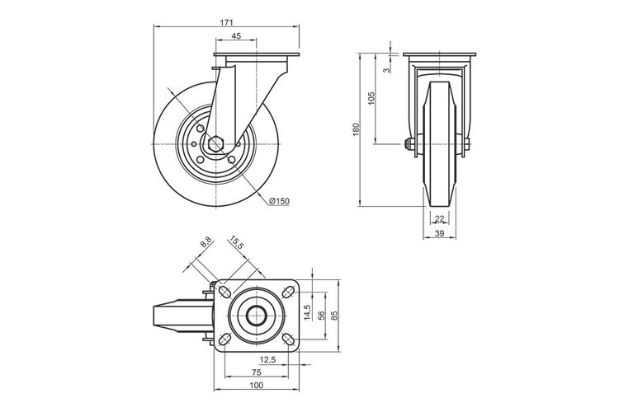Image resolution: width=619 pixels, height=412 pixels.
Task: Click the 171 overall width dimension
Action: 226,22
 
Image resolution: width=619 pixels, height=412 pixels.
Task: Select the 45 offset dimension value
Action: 236,36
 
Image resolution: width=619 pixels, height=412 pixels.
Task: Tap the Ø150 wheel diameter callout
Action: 279,201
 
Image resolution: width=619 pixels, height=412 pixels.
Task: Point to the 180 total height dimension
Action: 356,129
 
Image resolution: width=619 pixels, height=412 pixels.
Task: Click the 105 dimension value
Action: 371,98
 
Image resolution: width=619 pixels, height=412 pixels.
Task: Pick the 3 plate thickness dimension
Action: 387,70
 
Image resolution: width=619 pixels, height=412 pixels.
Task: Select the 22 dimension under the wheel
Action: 439,218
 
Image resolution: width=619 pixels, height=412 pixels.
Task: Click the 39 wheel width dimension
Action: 439,233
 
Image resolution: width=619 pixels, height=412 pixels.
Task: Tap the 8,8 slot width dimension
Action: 206,242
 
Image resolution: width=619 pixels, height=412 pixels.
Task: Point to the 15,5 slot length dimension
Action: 237,243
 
